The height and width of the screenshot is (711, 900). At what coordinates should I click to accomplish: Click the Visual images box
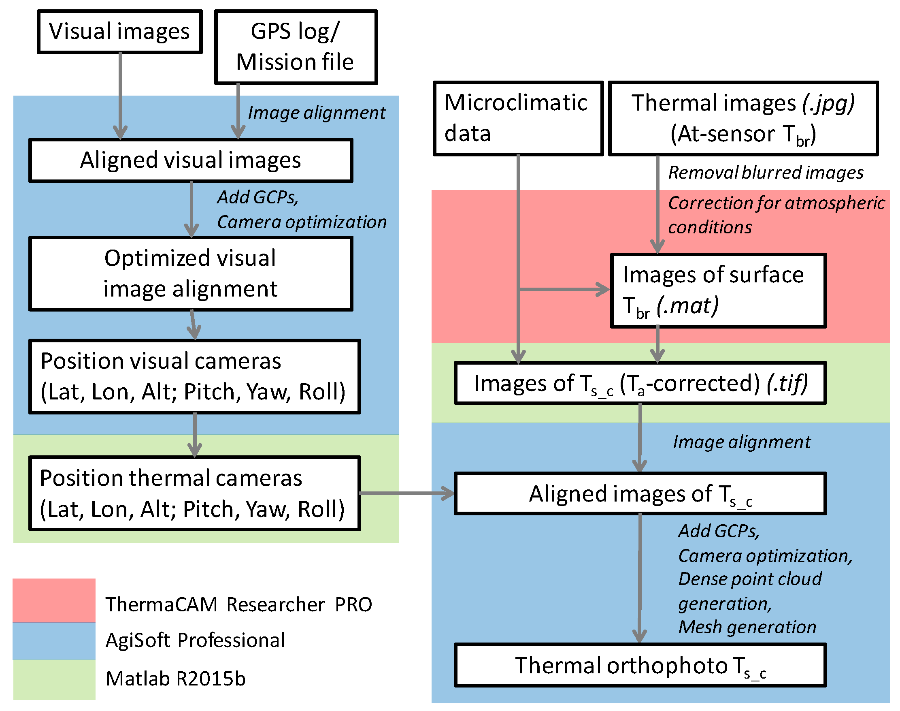(120, 32)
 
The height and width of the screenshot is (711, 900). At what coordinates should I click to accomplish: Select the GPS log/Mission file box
(296, 47)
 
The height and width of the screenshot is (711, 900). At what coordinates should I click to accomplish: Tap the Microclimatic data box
(517, 119)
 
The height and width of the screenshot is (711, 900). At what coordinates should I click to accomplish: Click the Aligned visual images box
(191, 161)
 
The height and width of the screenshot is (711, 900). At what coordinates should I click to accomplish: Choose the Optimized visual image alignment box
(191, 273)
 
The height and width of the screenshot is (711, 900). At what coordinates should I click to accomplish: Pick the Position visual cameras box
(194, 376)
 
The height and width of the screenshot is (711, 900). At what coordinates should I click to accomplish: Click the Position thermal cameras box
(194, 493)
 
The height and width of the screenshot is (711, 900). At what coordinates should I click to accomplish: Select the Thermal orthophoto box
(640, 665)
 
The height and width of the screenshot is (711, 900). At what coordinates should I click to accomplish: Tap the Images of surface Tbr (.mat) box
(718, 290)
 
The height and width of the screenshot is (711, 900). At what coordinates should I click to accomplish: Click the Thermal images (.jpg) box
(743, 119)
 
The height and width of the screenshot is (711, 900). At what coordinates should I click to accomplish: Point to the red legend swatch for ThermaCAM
(54, 600)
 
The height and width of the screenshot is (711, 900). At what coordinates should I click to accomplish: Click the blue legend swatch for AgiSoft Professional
(54, 641)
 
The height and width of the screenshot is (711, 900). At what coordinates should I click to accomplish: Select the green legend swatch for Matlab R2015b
(54, 679)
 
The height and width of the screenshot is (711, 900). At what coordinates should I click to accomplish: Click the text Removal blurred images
(765, 173)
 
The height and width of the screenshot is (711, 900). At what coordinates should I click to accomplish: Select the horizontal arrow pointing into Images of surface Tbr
(564, 289)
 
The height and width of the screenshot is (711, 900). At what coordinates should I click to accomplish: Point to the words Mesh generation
(747, 627)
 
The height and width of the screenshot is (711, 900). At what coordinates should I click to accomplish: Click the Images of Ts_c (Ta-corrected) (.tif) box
(640, 383)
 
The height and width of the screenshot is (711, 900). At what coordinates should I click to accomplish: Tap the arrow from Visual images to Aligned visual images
(120, 96)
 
